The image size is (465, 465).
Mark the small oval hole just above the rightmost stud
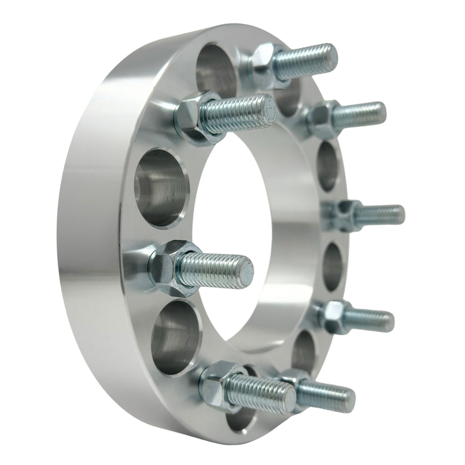click(x=328, y=167)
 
